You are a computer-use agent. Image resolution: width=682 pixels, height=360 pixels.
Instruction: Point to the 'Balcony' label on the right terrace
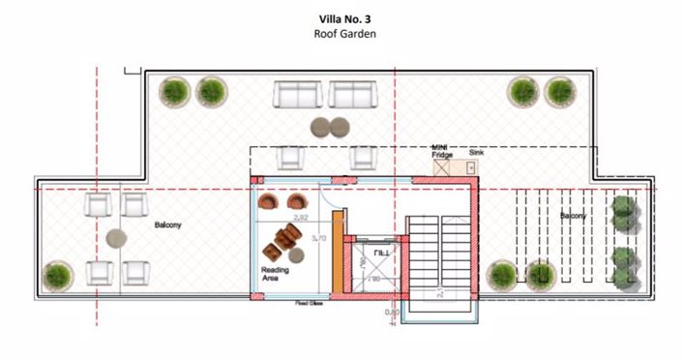pos(572,216)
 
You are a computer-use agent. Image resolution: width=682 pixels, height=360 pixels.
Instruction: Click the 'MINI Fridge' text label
pos(441,151)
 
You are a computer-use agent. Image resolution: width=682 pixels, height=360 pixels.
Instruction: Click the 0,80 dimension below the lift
pos(391,312)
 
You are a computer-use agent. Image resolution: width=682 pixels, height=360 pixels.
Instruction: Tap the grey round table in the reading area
pos(299,255)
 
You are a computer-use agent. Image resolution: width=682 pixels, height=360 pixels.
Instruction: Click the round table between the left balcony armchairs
pos(117,238)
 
